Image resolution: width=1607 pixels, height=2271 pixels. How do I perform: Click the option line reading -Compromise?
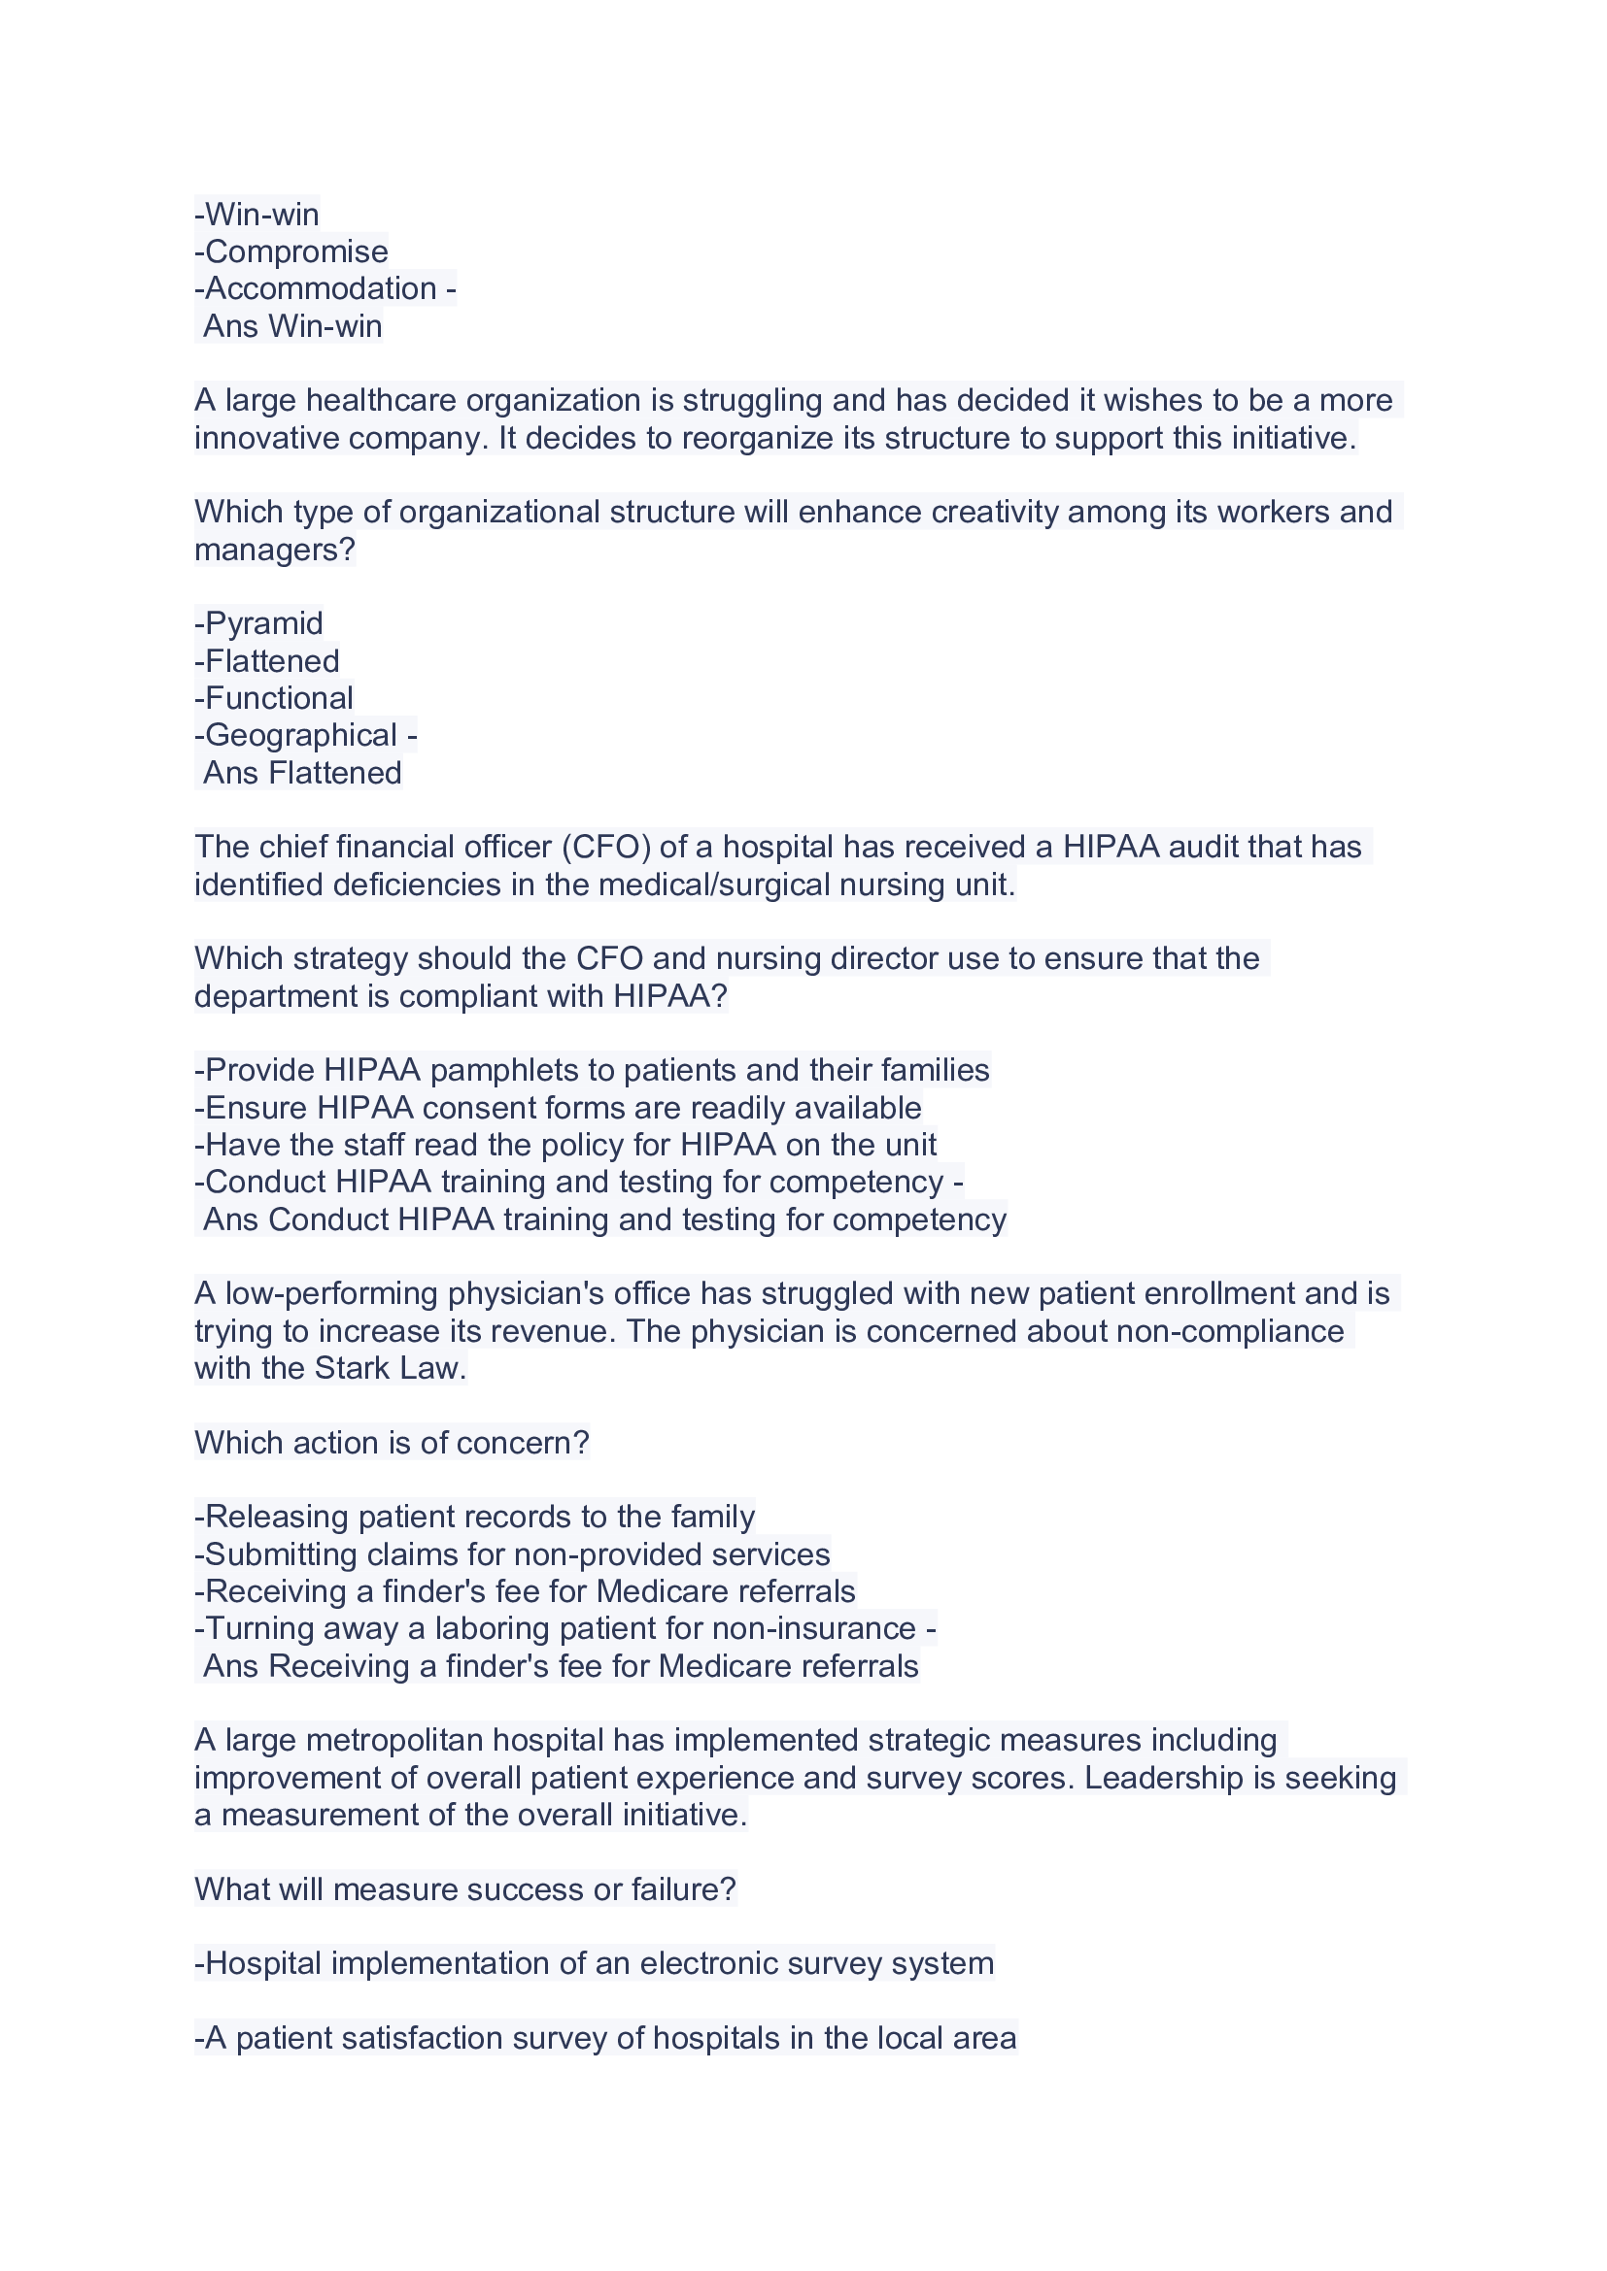(x=291, y=252)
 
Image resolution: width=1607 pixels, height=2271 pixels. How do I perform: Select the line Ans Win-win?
(x=291, y=326)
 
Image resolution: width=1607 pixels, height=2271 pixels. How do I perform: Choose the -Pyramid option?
(x=259, y=624)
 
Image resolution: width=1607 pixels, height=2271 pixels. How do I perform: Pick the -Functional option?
(x=274, y=698)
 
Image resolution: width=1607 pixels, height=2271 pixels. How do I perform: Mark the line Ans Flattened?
(x=302, y=774)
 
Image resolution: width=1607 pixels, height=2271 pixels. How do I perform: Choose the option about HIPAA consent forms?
(x=558, y=1109)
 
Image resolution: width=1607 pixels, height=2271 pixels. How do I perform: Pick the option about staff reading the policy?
(x=565, y=1146)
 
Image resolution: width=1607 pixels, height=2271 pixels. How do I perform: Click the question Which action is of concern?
(x=392, y=1443)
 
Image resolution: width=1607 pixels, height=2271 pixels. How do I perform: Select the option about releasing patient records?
(x=475, y=1518)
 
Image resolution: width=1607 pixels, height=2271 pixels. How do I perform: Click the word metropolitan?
(x=394, y=1741)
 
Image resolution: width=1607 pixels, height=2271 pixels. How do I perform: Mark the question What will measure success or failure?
(x=465, y=1890)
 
